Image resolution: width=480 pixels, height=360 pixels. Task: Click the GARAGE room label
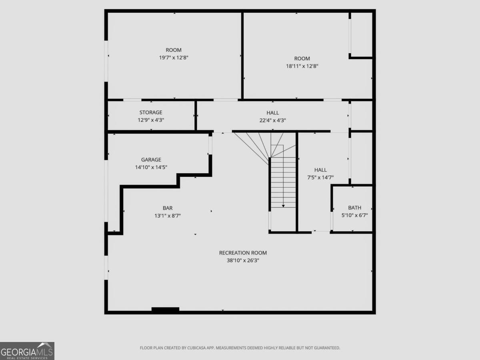151,160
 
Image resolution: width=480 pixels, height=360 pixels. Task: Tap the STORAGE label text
151,112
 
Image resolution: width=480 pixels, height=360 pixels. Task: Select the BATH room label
354,208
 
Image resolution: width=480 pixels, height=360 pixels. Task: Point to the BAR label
168,208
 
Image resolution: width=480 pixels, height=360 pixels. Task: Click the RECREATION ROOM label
243,253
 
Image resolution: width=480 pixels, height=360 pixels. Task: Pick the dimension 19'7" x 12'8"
174,58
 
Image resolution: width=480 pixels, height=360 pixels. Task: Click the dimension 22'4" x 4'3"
273,120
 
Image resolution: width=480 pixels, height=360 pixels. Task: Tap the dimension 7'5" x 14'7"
320,177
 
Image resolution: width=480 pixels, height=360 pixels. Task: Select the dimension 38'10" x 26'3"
243,260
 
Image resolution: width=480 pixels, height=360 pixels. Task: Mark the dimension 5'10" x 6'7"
354,215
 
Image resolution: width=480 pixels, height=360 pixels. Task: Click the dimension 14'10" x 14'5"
151,167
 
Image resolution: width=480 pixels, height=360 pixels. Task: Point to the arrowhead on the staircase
283,206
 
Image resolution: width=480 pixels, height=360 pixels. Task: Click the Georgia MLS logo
27,351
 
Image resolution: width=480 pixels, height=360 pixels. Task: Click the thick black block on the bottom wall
165,310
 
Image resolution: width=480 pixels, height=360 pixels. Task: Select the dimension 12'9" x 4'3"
151,120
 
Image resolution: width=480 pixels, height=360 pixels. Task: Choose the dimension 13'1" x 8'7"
168,216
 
